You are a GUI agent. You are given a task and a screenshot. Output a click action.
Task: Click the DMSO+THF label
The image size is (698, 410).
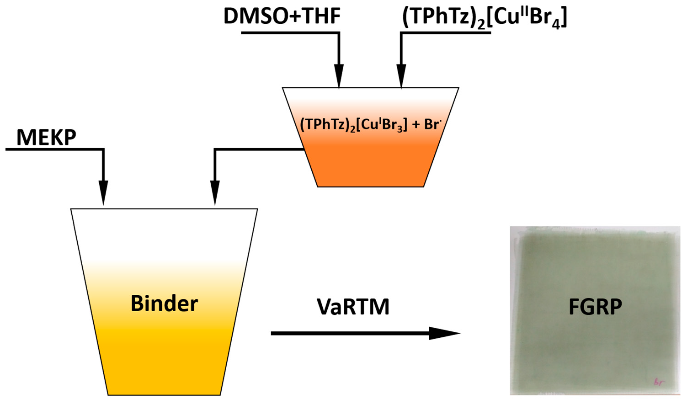coord(282,16)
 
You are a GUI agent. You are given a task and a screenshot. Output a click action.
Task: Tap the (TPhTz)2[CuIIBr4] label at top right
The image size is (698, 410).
coord(484,17)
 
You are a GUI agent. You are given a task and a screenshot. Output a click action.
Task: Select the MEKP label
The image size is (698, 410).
coord(46,137)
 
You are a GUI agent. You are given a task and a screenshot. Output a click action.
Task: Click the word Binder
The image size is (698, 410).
coord(164,304)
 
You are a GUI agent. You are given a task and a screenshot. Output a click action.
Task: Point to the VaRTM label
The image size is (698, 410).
coord(353,307)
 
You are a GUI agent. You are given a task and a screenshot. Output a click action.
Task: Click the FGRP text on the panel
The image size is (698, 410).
coord(595,307)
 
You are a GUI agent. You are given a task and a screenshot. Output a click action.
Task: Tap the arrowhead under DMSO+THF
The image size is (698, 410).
coord(339,75)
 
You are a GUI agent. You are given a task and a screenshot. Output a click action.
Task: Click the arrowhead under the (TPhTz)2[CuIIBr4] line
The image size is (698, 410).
coord(401,75)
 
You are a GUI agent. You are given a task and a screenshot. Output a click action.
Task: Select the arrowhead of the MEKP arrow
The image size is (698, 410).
coord(103,192)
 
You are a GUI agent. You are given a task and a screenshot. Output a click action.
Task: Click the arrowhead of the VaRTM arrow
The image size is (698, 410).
coord(443,333)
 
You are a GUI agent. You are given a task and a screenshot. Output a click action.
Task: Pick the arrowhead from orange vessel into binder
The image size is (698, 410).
coord(215,192)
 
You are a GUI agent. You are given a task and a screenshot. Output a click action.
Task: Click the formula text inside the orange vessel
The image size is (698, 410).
coord(370,124)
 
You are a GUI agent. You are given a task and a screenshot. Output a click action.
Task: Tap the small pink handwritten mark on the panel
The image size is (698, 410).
coord(659,382)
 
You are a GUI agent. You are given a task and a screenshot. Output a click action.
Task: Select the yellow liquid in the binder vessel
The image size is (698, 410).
coord(164,361)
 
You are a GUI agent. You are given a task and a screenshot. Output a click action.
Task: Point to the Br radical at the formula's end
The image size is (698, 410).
coord(432,124)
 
